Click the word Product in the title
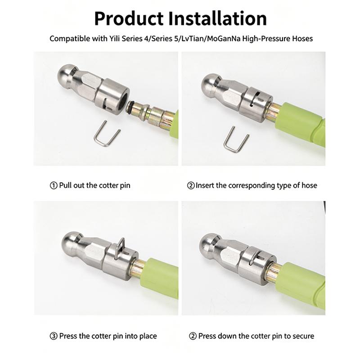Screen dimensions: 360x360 tap(129, 18)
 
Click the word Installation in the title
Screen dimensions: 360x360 tap(217, 18)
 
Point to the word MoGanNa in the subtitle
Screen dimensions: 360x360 tap(224, 39)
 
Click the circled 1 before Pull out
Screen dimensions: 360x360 tap(54, 185)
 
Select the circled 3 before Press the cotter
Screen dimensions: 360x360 tap(54, 336)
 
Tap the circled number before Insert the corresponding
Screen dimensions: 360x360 tap(191, 185)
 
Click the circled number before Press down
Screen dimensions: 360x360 tap(193, 336)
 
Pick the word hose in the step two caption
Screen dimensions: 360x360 tap(309, 185)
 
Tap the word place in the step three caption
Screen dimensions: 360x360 tap(148, 336)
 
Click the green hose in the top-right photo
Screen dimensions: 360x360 tap(303, 124)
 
